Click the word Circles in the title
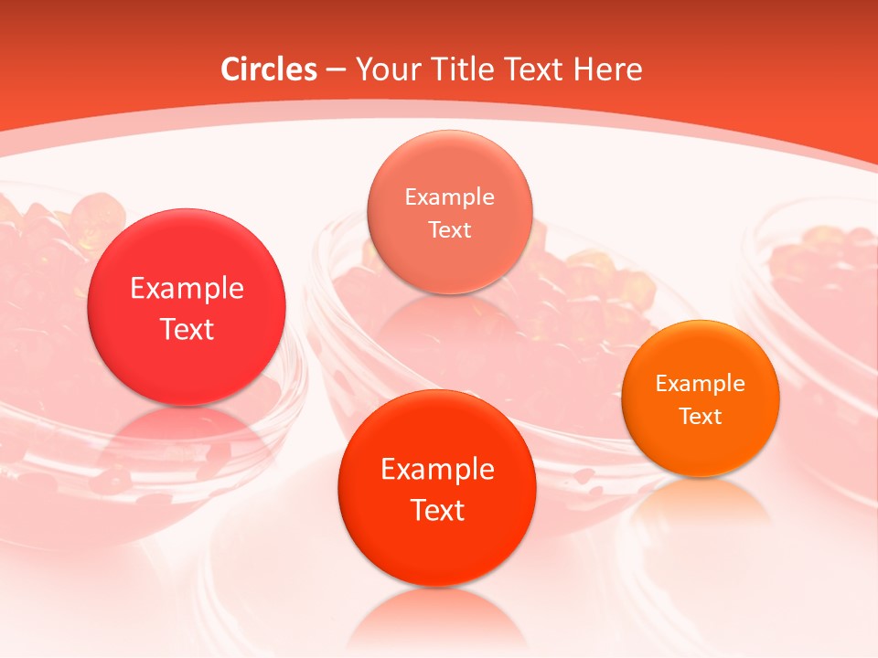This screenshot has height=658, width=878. [269, 69]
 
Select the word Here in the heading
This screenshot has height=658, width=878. [608, 69]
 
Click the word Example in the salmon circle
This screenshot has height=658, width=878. [449, 196]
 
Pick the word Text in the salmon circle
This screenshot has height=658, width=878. [449, 229]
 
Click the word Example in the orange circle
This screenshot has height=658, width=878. [700, 383]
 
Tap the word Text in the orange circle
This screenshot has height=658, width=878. [700, 416]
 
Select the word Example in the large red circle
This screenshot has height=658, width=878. [187, 288]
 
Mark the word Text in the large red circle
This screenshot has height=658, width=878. [187, 329]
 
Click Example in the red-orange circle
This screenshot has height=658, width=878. [437, 469]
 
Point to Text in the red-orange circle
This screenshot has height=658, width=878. [437, 510]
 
